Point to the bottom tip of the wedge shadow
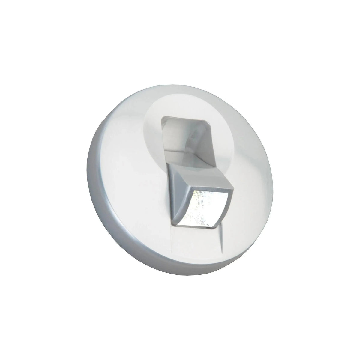[223, 252]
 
